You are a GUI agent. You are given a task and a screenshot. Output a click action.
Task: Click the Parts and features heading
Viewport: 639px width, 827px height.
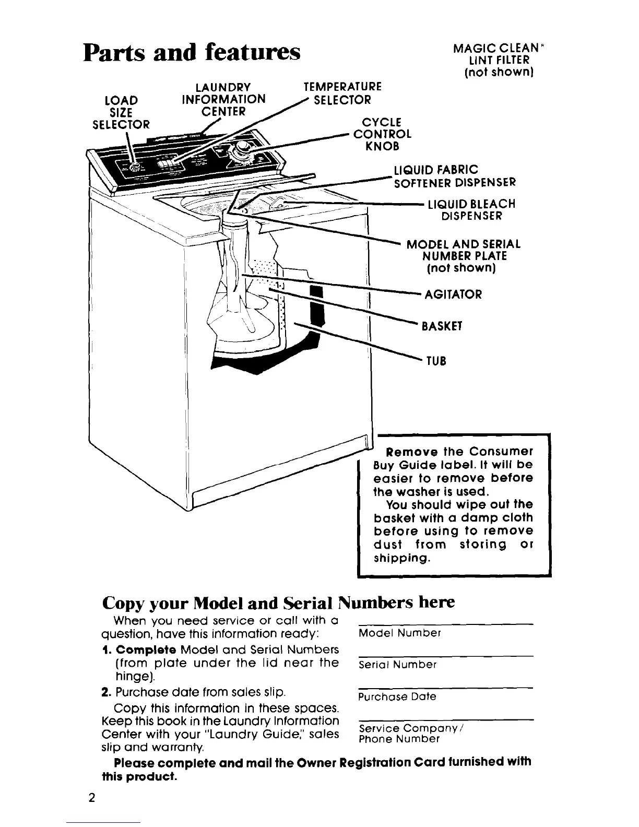pyautogui.click(x=192, y=53)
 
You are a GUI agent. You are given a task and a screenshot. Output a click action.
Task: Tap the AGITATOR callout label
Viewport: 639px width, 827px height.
pyautogui.click(x=453, y=294)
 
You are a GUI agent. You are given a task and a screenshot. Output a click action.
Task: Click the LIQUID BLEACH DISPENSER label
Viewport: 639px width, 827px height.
pyautogui.click(x=471, y=210)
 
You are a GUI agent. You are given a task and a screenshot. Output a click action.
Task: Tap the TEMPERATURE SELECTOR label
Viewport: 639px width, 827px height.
pyautogui.click(x=342, y=93)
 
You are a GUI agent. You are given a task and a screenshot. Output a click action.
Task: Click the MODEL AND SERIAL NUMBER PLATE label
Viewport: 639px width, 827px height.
pyautogui.click(x=464, y=256)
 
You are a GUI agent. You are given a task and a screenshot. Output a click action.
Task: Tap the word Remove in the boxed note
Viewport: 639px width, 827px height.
pyautogui.click(x=408, y=451)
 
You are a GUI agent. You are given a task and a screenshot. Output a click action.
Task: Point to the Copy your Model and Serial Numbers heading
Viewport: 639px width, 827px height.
pyautogui.click(x=278, y=602)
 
